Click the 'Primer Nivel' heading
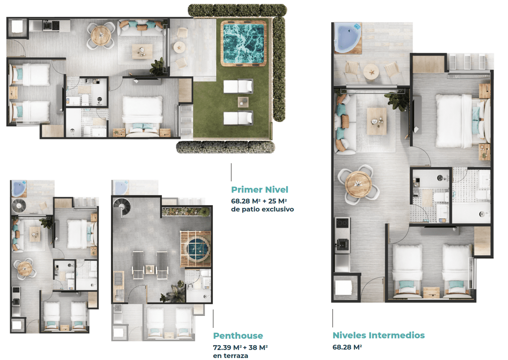(x=259, y=189)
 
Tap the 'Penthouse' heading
(x=238, y=336)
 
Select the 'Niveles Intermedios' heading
(x=378, y=335)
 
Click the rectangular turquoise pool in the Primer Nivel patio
(x=243, y=44)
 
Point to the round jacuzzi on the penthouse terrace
(x=196, y=248)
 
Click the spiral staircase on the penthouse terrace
(x=122, y=207)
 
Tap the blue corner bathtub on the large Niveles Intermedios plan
(x=347, y=37)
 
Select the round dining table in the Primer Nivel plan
(x=101, y=36)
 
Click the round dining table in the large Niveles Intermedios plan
(x=358, y=184)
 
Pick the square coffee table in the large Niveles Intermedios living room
(x=376, y=121)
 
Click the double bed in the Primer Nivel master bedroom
(x=142, y=116)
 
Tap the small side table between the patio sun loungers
(x=243, y=102)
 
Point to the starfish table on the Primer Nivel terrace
(x=179, y=47)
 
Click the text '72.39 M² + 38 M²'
(x=241, y=348)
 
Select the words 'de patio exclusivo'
(x=262, y=209)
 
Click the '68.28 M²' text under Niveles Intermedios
(x=347, y=347)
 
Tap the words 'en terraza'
(x=231, y=356)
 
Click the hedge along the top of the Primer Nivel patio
(x=237, y=10)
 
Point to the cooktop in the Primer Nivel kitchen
(x=56, y=25)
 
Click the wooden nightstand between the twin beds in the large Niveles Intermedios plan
(x=431, y=292)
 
